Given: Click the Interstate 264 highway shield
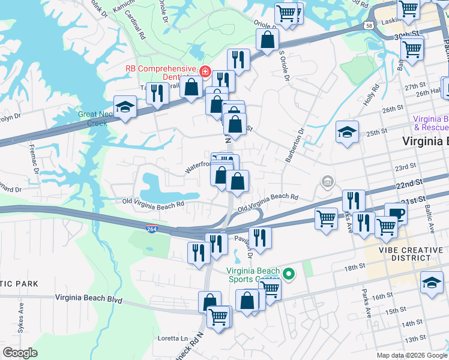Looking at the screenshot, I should (x=151, y=229).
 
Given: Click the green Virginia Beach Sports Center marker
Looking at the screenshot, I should (x=288, y=275).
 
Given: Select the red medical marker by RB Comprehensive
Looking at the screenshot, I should (x=205, y=72).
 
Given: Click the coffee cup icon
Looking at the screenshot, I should (x=396, y=213).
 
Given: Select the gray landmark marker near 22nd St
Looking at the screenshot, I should (x=328, y=181).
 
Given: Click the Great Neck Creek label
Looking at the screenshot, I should (x=92, y=118).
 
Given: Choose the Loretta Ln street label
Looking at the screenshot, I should (x=173, y=338).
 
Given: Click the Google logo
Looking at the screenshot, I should (x=20, y=353).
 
